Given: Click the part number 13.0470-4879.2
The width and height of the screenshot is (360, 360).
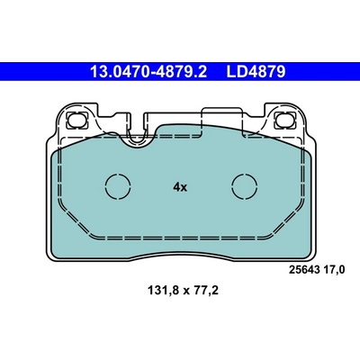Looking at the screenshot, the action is click(x=148, y=72).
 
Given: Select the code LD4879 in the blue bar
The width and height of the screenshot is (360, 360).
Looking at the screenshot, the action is click(x=256, y=72).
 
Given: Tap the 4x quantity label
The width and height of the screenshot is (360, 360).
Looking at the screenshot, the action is click(x=180, y=187).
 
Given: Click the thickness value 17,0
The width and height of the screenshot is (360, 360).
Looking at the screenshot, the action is click(x=334, y=270).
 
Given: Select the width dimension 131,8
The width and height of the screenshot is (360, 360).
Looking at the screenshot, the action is click(x=163, y=291).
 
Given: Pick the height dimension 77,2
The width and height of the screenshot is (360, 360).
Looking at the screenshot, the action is click(x=205, y=291).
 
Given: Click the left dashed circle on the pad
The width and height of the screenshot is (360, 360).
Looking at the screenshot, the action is click(x=118, y=186).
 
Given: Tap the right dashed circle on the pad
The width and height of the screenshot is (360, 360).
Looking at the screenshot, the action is click(x=245, y=186).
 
